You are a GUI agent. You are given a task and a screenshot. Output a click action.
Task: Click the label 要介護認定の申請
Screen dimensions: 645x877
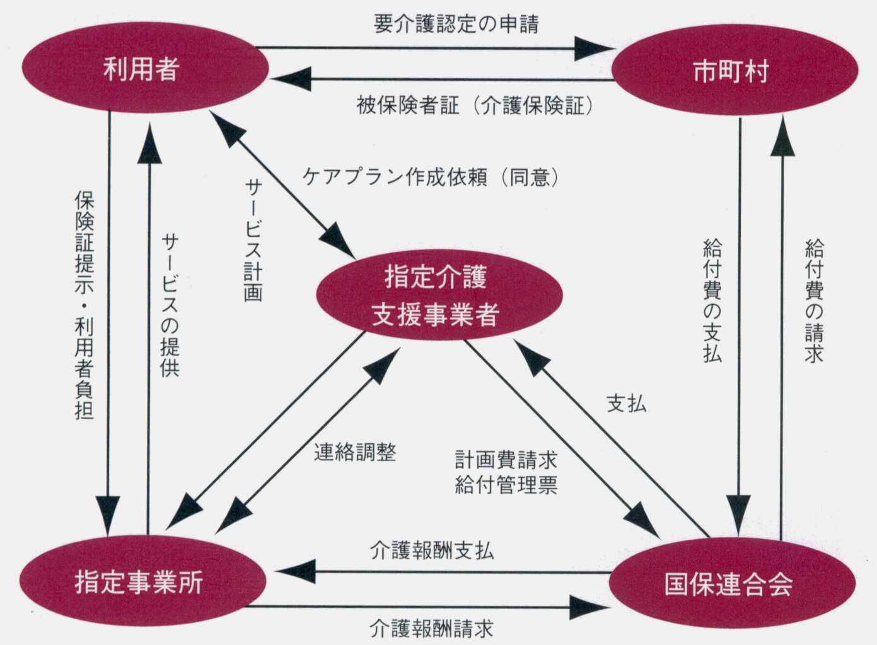(456, 24)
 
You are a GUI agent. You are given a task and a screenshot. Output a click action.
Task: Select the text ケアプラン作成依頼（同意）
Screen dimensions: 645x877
(431, 177)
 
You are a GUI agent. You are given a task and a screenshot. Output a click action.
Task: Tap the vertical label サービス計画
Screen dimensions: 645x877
(253, 239)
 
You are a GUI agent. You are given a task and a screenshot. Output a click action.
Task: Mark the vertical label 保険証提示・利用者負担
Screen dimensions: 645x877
(84, 305)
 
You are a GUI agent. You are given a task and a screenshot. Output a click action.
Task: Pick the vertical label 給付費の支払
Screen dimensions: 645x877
(712, 300)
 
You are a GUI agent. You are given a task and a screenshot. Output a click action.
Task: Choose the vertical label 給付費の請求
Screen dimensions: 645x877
(813, 300)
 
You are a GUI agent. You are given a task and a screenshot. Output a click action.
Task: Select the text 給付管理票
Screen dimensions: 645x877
(506, 485)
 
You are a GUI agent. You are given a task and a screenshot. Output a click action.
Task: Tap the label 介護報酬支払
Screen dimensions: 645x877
(431, 550)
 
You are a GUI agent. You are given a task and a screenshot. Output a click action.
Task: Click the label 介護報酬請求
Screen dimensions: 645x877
(431, 628)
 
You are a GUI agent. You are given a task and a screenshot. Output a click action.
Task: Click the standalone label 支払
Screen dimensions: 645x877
(626, 404)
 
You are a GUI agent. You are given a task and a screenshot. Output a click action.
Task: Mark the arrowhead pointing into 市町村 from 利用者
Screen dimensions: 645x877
(596, 47)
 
